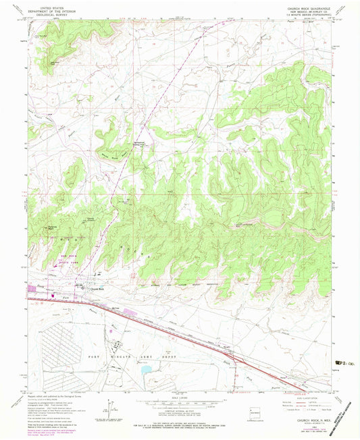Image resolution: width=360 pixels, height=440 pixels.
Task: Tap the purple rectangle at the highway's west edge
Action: [31, 292]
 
